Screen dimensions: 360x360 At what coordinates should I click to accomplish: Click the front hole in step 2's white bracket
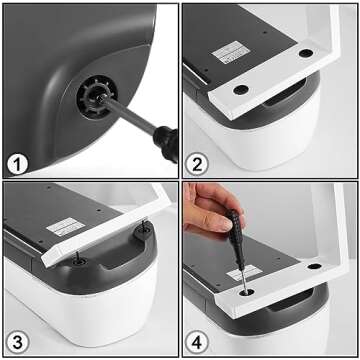tap(241, 89)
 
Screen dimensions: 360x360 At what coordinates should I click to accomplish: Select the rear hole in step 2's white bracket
tap(302, 56)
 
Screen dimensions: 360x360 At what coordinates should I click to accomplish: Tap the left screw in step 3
tap(84, 263)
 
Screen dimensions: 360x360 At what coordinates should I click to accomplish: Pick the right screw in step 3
tap(145, 232)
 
